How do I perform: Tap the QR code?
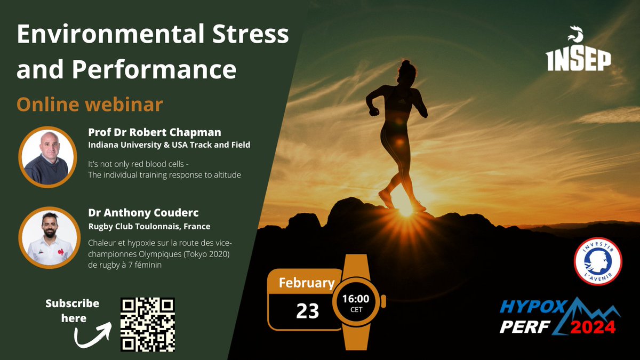(x=148, y=324)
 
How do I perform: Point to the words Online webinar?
(x=90, y=104)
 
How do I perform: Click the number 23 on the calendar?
(x=307, y=310)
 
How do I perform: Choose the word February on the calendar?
(x=306, y=283)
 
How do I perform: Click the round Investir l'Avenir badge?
(x=597, y=261)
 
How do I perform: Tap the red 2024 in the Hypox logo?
(x=593, y=326)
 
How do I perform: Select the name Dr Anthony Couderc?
(x=143, y=213)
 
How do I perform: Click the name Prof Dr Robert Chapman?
(x=154, y=132)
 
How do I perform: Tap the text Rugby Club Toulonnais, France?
(x=149, y=226)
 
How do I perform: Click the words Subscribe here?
(x=73, y=310)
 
